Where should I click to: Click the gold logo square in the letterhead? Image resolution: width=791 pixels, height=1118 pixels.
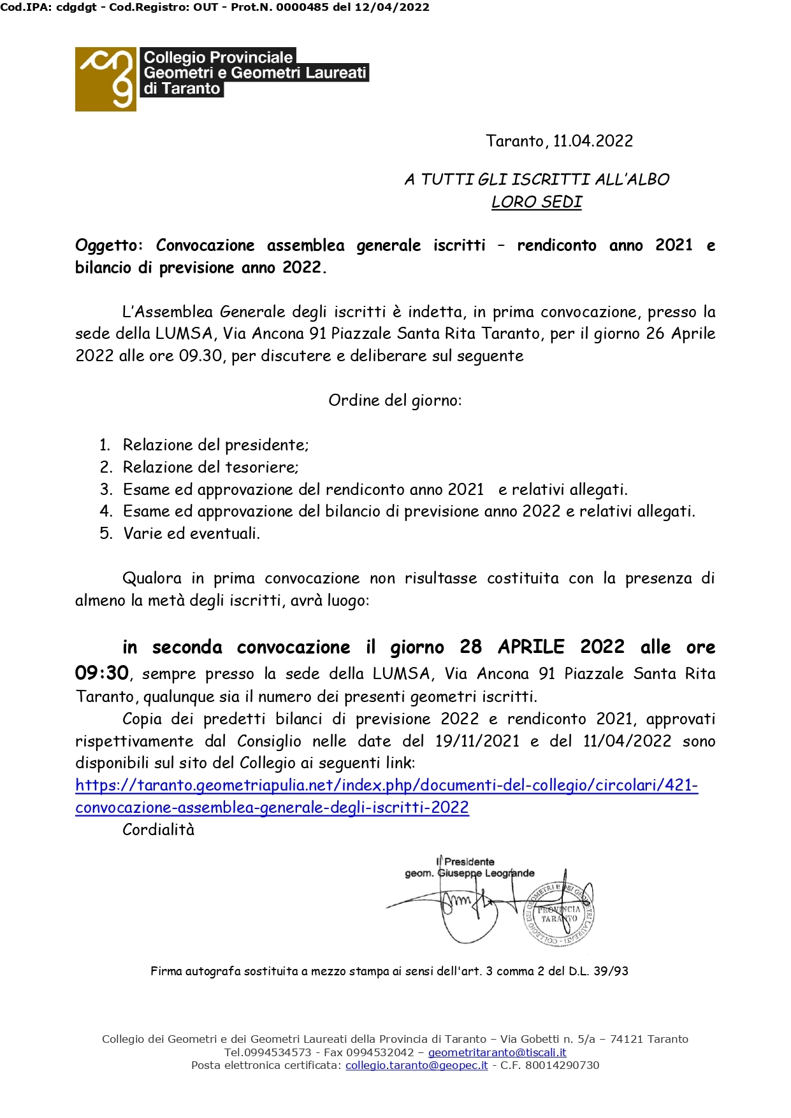click(105, 79)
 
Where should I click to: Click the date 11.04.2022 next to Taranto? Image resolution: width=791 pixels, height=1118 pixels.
click(593, 141)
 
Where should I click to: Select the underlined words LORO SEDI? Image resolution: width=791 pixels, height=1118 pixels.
click(537, 202)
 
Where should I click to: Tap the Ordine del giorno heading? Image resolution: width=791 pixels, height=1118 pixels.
click(395, 401)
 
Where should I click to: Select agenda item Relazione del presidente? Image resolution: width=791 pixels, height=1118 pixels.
click(215, 445)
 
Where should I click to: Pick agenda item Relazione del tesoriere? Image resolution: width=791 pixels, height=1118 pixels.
click(210, 467)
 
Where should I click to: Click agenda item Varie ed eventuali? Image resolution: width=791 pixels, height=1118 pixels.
click(191, 533)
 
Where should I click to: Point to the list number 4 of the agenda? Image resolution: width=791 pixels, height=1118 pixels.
click(106, 511)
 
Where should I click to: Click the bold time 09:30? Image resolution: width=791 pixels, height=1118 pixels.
click(102, 673)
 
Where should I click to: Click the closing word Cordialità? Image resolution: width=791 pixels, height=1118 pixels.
click(158, 829)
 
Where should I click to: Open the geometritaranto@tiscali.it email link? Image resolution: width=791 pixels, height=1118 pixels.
click(497, 1052)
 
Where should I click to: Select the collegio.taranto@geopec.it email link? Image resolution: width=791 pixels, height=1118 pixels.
click(416, 1065)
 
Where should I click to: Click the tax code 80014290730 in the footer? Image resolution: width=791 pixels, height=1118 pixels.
click(562, 1065)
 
